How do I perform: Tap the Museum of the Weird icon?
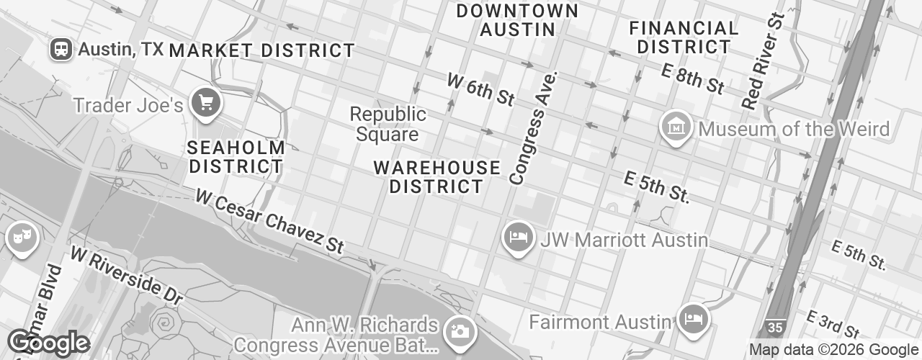pos(676,128)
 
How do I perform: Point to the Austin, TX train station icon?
pos(61,49)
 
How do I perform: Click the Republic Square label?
pos(388,125)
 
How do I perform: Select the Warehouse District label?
pos(437,177)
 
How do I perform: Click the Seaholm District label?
pos(236,157)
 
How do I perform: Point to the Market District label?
pos(262,50)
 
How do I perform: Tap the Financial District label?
pos(684,37)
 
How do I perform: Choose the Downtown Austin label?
pos(517,20)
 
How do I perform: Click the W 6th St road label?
pos(481,89)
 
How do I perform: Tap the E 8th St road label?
pos(693,78)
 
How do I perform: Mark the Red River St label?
pos(763,61)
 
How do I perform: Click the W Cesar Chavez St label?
pos(269,221)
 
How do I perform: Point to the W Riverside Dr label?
pos(127,276)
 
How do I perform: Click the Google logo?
pos(48,343)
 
